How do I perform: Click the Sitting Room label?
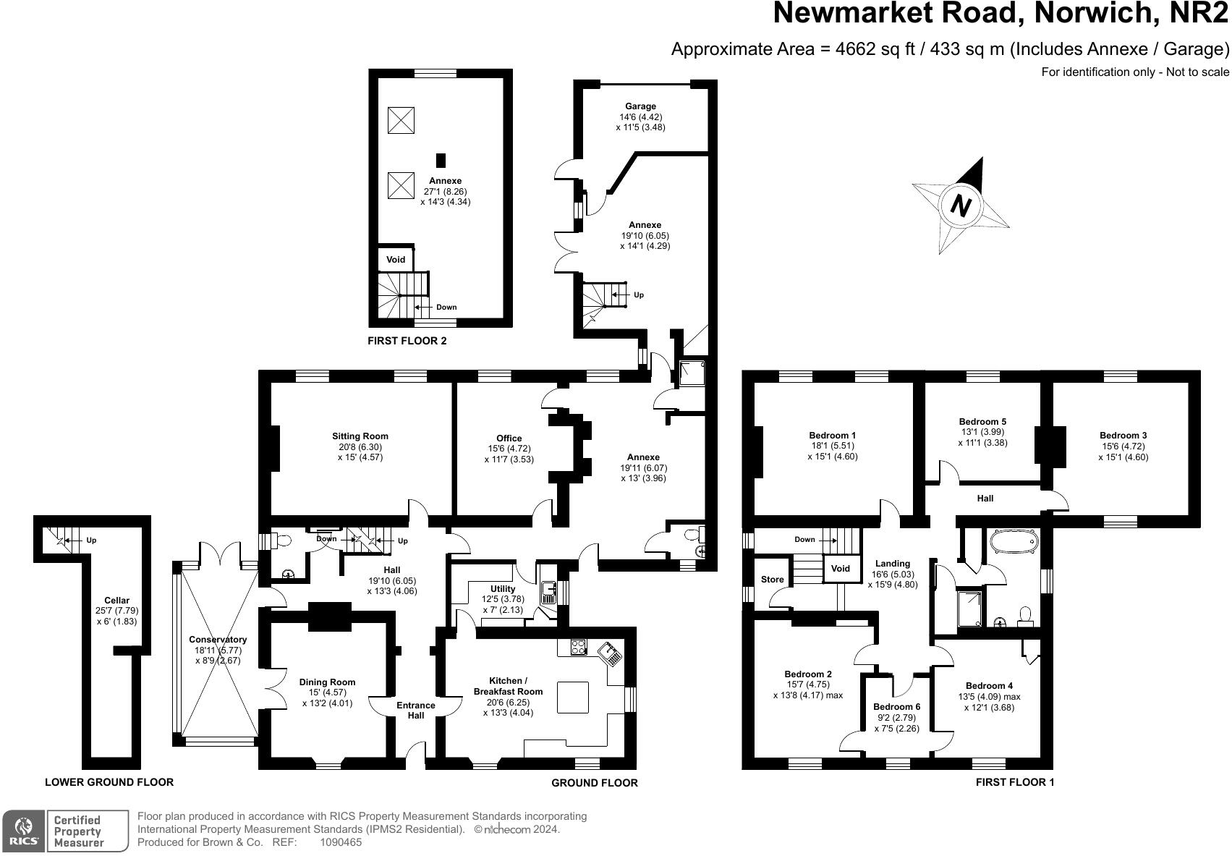[360, 436]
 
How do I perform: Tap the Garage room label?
[640, 106]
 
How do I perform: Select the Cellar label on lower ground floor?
[117, 601]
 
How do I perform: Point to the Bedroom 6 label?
[896, 707]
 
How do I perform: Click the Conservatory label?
[218, 640]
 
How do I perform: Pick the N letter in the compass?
[960, 206]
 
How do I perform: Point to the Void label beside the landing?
[840, 569]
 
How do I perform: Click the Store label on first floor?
[772, 580]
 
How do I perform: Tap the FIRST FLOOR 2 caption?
[407, 340]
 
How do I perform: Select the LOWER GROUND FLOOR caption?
[109, 782]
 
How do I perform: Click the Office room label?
[509, 438]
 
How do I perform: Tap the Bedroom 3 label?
[1123, 436]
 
